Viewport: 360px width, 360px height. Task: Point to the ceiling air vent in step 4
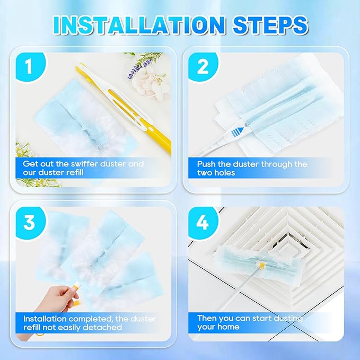click(x=297, y=233)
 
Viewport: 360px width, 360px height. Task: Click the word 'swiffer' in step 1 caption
click(x=75, y=164)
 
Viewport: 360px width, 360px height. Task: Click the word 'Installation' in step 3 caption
click(x=45, y=318)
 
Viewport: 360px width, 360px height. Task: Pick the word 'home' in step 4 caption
click(x=229, y=328)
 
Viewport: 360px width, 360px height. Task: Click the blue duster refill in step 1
click(x=69, y=122)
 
